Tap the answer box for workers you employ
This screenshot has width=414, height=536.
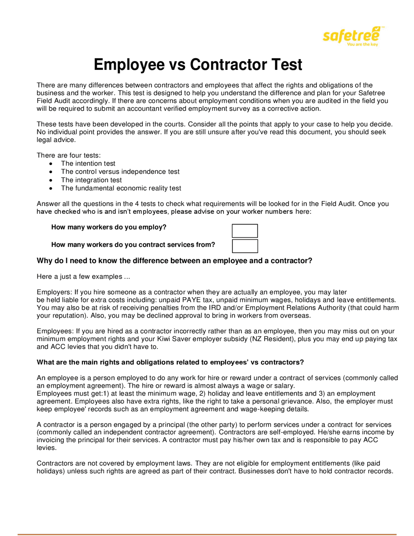pyautogui.click(x=245, y=231)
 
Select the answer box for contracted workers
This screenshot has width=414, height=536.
pyautogui.click(x=245, y=246)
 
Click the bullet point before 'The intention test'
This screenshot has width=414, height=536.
pyautogui.click(x=51, y=164)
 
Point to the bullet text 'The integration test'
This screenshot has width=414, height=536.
pyautogui.click(x=91, y=180)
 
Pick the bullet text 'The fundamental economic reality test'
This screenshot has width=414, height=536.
pyautogui.click(x=121, y=188)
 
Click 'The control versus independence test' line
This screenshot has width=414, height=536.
pyautogui.click(x=120, y=172)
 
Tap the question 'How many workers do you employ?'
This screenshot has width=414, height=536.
pyautogui.click(x=109, y=227)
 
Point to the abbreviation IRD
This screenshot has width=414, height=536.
pyautogui.click(x=215, y=307)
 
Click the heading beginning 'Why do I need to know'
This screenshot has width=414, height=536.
pyautogui.click(x=174, y=261)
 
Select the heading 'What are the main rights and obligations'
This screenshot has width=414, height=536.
pyautogui.click(x=170, y=362)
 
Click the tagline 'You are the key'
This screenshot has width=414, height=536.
pyautogui.click(x=362, y=45)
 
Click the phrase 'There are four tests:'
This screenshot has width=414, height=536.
pyautogui.click(x=69, y=155)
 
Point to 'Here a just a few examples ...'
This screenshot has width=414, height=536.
pyautogui.click(x=83, y=276)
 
